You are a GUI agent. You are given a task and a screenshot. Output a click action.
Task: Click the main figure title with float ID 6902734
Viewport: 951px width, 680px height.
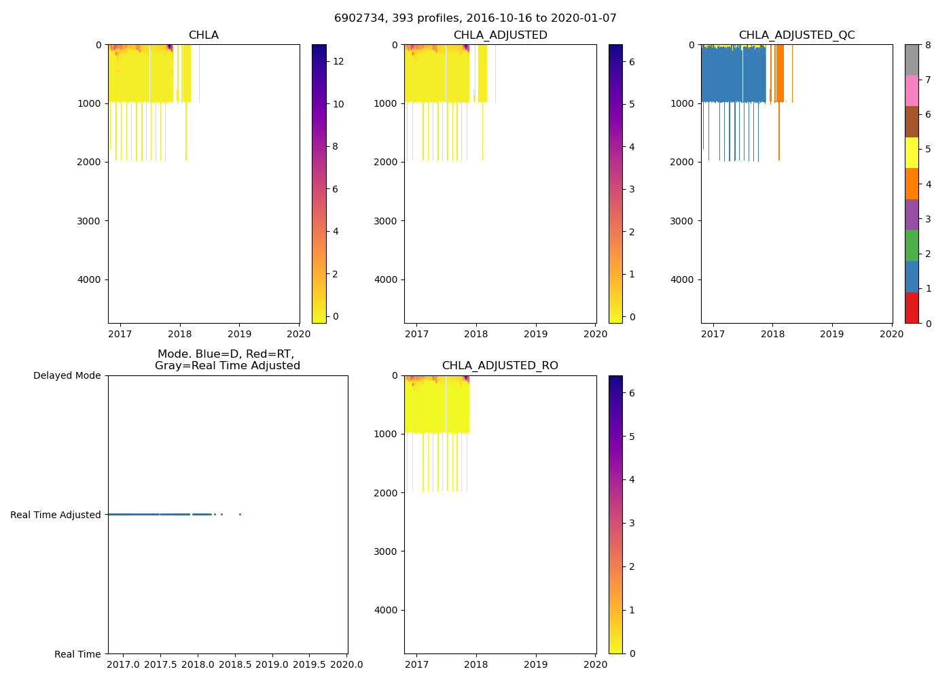pos(475,18)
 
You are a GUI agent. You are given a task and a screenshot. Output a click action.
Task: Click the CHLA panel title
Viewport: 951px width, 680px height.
pos(204,35)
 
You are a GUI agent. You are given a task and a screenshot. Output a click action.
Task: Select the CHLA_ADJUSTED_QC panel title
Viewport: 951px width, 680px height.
pos(797,35)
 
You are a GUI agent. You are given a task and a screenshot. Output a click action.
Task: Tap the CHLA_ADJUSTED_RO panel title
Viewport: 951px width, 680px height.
pos(500,366)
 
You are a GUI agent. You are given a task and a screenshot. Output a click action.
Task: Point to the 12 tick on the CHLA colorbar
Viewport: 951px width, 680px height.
pos(338,62)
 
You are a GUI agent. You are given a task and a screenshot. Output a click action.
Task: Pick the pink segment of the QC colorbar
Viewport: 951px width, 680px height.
pos(912,90)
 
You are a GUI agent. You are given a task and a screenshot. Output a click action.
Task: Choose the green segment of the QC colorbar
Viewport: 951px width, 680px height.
pos(912,245)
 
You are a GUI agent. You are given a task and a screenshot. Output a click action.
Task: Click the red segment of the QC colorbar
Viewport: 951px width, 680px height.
pos(912,307)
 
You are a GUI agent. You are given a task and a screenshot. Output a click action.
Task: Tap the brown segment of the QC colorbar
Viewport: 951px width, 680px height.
pos(912,122)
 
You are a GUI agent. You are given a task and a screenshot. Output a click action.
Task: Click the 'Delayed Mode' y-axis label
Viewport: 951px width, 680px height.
pos(67,376)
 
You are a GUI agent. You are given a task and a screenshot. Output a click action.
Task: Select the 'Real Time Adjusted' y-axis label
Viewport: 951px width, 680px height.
pos(56,515)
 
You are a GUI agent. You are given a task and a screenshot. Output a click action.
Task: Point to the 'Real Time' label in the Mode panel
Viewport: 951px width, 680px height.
pos(77,655)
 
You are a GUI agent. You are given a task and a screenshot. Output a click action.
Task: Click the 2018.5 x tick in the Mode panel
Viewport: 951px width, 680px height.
pos(235,664)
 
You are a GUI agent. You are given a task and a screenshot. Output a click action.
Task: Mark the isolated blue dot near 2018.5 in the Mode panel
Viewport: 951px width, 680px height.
pos(240,514)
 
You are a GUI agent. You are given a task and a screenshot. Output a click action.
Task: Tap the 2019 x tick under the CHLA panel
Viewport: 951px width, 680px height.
pos(240,334)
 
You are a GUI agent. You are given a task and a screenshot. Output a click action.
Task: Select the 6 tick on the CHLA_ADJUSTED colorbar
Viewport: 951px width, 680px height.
pos(632,62)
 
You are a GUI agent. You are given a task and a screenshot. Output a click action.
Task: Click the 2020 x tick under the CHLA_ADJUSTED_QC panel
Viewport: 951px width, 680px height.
pos(891,334)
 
